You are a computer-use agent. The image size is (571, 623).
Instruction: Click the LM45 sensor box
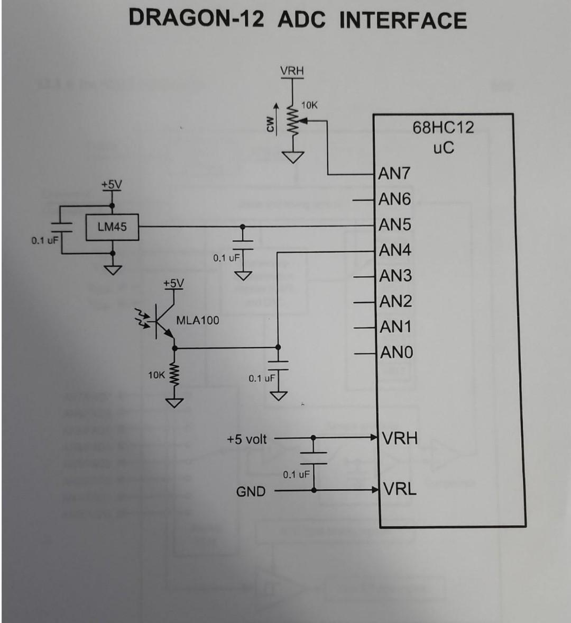click(x=112, y=227)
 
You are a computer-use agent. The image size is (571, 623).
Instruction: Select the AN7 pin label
click(x=394, y=174)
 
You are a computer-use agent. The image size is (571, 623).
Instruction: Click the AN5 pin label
click(x=394, y=225)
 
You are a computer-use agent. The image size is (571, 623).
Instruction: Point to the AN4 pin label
click(x=394, y=250)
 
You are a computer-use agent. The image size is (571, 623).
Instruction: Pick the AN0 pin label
click(x=396, y=353)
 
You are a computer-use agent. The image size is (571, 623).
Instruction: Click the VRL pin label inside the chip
click(x=400, y=489)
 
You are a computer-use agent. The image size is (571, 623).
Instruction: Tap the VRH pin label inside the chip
click(x=400, y=438)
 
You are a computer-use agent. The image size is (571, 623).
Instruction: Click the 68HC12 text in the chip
click(x=443, y=128)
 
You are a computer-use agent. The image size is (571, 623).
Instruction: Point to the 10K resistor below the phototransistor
click(x=174, y=375)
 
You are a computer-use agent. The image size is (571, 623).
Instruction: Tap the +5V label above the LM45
click(x=112, y=185)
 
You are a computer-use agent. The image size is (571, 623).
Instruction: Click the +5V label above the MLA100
click(x=173, y=284)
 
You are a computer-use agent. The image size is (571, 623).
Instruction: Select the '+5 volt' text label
click(x=247, y=439)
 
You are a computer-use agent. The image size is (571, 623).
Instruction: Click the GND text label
click(x=251, y=492)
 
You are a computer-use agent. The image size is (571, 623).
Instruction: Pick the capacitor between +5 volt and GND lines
click(x=314, y=458)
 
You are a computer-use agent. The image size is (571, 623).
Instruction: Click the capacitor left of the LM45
click(x=61, y=228)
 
